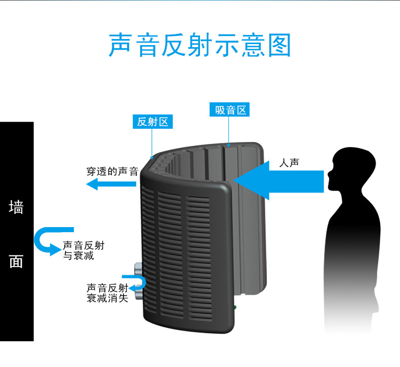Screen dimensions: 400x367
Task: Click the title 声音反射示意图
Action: (x=199, y=45)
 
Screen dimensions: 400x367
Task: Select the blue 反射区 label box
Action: (x=152, y=122)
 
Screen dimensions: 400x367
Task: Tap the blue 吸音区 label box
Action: (x=229, y=109)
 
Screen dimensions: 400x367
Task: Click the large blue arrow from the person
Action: (x=278, y=180)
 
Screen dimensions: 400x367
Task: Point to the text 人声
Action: (x=289, y=163)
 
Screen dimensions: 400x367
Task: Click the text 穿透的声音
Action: (x=112, y=171)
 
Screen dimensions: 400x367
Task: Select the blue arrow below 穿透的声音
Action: (x=111, y=184)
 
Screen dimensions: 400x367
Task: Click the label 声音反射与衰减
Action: (x=84, y=250)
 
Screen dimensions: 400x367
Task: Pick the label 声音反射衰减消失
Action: (x=107, y=292)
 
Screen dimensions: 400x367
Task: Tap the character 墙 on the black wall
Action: (x=16, y=207)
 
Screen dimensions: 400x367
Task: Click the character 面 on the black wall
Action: (x=16, y=261)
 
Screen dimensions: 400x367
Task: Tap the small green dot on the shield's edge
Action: (x=235, y=307)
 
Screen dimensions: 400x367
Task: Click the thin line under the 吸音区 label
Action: (x=228, y=132)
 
